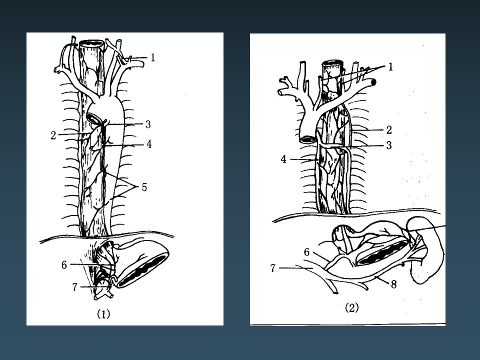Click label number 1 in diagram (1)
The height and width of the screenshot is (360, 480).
tap(153, 57)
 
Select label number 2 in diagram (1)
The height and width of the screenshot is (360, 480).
tap(53, 135)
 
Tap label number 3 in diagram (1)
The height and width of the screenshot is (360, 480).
tap(148, 124)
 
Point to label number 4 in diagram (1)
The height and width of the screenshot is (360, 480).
tap(149, 144)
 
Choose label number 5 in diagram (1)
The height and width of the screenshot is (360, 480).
tap(144, 187)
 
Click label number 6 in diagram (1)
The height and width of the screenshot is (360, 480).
tap(64, 265)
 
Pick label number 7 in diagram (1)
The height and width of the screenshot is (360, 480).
tap(75, 287)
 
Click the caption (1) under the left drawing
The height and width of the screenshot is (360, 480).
tap(103, 314)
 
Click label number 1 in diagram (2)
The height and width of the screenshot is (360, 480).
tap(390, 66)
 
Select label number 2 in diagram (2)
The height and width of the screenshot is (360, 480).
tap(389, 130)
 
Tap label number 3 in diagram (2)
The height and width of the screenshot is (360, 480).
tap(389, 145)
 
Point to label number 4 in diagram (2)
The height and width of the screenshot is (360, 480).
tap(284, 159)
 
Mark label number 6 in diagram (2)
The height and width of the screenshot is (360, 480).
tap(306, 252)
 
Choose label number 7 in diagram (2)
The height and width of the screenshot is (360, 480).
tap(273, 268)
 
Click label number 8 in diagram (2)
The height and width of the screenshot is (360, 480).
tap(394, 284)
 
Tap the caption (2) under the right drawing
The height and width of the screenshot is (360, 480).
tap(351, 307)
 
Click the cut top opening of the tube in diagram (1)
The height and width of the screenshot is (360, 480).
tap(91, 43)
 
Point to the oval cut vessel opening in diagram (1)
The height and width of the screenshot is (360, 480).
tap(93, 118)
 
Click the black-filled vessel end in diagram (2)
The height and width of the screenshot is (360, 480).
tap(373, 82)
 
